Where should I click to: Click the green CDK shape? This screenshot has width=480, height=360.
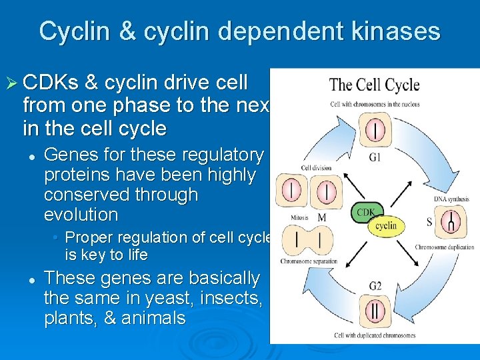[366, 213]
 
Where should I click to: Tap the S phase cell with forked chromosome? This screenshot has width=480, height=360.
[452, 220]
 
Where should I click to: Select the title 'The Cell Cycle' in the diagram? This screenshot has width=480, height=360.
[374, 85]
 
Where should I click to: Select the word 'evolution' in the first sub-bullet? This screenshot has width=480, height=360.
[81, 215]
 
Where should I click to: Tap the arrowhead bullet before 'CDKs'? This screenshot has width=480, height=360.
[11, 84]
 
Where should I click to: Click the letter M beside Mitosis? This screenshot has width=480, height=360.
[322, 218]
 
